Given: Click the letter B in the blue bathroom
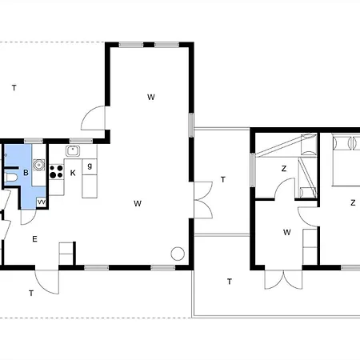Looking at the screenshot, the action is [26, 173].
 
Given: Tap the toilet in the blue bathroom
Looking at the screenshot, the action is [11, 178].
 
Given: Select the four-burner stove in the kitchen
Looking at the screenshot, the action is [56, 171].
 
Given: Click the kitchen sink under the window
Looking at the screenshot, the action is [73, 151].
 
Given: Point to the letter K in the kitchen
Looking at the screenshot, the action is [73, 173].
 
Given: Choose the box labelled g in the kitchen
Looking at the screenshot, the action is [90, 166].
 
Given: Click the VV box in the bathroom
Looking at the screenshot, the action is [42, 202].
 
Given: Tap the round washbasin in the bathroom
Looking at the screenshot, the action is [39, 165].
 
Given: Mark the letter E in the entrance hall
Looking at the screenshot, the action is [34, 239].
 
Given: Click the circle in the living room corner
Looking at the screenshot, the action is [178, 254].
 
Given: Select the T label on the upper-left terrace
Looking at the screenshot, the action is [14, 88].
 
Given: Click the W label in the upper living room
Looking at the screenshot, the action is [151, 97].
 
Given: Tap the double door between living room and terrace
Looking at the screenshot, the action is [203, 200].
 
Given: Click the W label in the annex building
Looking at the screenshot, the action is [287, 232].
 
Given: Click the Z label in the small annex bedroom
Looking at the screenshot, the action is [284, 169].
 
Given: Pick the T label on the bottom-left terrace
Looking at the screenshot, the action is [31, 294].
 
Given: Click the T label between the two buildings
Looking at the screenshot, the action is [223, 180].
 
